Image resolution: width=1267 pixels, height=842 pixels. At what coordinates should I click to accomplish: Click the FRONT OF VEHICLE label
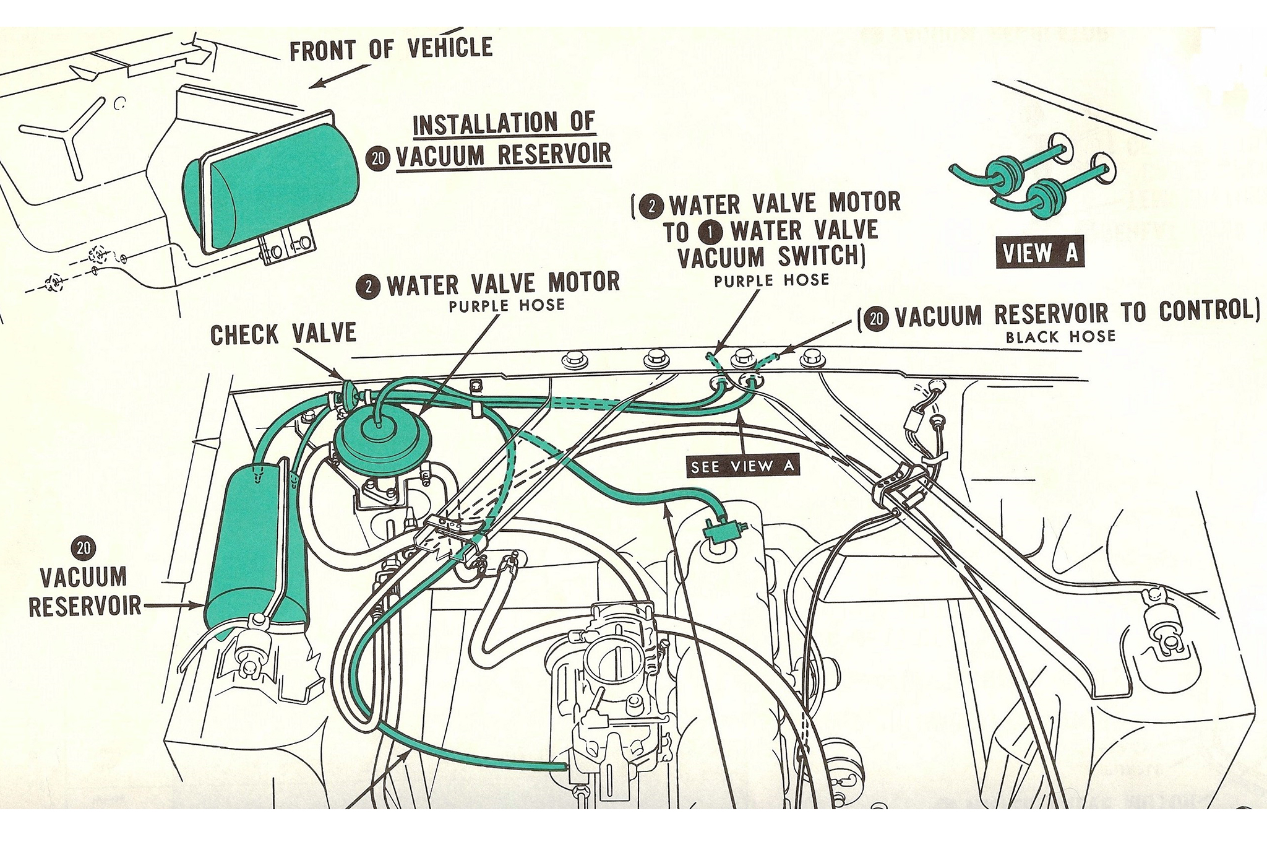(391, 49)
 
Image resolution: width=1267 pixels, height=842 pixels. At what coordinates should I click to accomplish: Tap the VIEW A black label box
(1039, 253)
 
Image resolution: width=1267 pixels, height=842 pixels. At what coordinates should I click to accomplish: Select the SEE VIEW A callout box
(742, 466)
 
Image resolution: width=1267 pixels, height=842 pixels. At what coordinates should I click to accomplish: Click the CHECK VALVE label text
(283, 335)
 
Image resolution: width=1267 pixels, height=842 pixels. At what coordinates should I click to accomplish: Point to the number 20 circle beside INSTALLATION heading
(377, 158)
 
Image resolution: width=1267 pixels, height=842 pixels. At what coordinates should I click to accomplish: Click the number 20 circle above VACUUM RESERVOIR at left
(84, 548)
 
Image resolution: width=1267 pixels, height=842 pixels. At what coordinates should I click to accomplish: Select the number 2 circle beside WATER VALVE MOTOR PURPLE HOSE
(369, 286)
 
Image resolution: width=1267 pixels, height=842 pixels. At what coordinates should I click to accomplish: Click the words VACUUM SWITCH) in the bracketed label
(771, 257)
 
